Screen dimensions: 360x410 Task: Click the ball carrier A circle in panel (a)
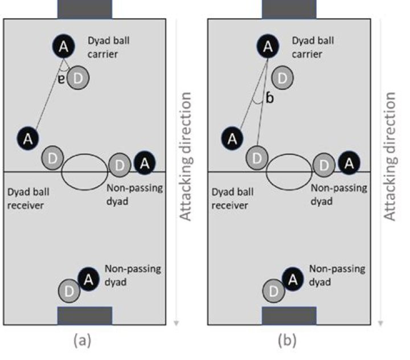coord(64,47)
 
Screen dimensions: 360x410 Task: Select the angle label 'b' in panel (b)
coord(270,99)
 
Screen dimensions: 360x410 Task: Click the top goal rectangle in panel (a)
coord(85,9)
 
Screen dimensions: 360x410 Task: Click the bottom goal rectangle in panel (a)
coord(85,316)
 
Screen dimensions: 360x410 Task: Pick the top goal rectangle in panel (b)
coord(289,9)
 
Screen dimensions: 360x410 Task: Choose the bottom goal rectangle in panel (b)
coord(289,316)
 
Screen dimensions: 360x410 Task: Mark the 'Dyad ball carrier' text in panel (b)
coord(315,47)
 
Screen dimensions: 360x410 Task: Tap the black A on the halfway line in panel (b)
coord(348,163)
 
